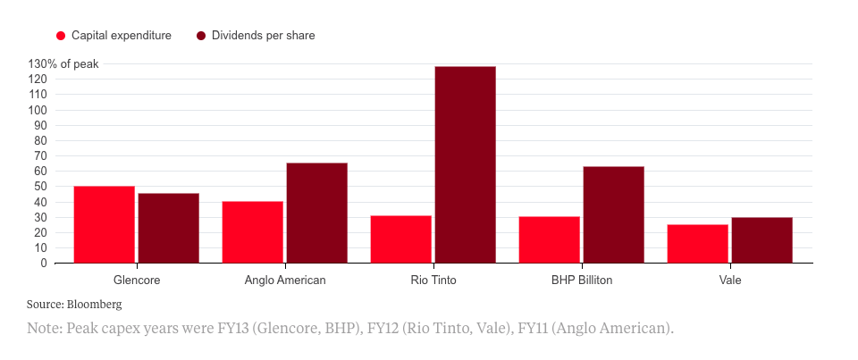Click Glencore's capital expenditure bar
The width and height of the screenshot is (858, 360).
(104, 224)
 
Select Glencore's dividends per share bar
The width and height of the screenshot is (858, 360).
(168, 228)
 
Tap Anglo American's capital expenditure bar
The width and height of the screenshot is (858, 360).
(252, 232)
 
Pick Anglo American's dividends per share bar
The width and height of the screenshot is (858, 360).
(316, 213)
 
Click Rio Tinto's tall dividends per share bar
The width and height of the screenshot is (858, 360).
(465, 164)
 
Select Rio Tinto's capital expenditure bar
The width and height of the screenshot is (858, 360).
(400, 239)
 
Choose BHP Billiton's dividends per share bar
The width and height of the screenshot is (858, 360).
(613, 214)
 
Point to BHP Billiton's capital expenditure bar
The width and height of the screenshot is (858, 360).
(549, 239)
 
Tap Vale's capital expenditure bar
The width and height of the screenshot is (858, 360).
(697, 244)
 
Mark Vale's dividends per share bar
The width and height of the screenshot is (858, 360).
(761, 240)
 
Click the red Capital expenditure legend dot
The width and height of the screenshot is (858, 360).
(62, 36)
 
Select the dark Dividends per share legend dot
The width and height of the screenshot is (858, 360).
(201, 36)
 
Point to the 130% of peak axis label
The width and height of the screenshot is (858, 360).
(63, 63)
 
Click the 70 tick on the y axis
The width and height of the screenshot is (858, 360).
(39, 155)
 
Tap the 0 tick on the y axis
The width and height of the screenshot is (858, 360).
(43, 264)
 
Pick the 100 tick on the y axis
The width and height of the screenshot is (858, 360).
(37, 110)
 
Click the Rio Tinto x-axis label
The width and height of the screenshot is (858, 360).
(433, 280)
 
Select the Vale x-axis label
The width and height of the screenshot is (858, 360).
(729, 280)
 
